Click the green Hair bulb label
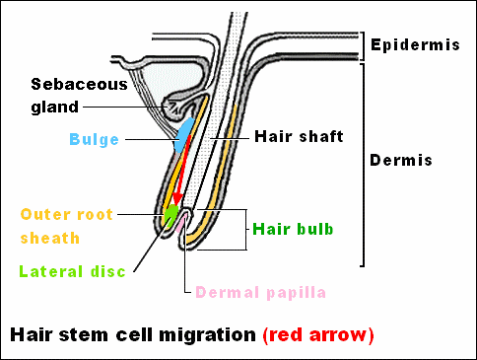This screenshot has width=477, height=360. click(293, 229)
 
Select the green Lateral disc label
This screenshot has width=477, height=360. click(72, 272)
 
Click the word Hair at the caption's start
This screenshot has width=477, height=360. click(29, 335)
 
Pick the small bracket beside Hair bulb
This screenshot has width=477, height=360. click(243, 230)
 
